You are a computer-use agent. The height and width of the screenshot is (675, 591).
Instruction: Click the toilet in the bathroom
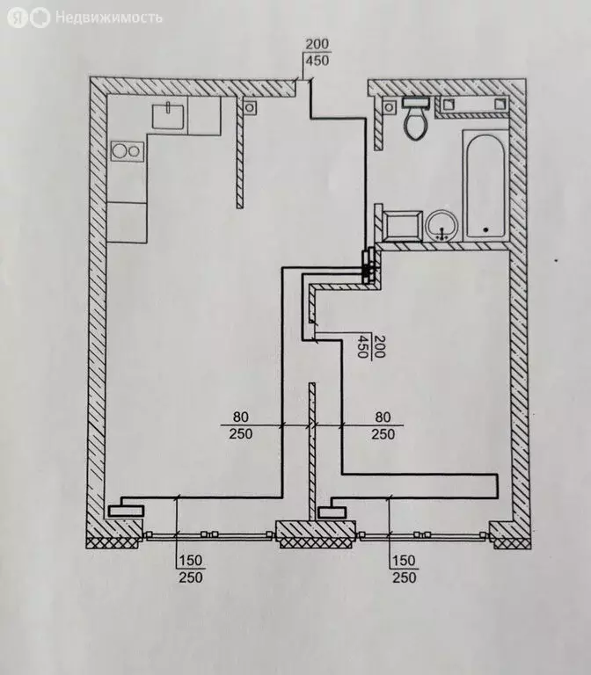(415, 124)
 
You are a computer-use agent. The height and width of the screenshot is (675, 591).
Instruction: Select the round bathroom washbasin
(442, 225)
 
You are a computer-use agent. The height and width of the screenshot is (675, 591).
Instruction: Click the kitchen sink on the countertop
(168, 114)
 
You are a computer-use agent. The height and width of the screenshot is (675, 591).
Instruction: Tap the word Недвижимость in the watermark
(109, 18)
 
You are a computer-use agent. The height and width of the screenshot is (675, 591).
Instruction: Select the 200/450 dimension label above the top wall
(317, 53)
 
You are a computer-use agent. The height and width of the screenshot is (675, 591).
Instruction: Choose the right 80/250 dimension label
(383, 425)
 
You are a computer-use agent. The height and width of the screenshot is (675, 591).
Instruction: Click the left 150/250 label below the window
(190, 570)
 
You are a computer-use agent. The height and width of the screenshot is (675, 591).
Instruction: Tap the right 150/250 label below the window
(402, 570)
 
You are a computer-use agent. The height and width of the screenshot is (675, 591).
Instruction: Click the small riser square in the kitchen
(250, 108)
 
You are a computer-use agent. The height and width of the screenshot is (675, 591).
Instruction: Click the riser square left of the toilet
(390, 106)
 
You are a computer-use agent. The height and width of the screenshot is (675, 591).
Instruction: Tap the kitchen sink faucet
(168, 106)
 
